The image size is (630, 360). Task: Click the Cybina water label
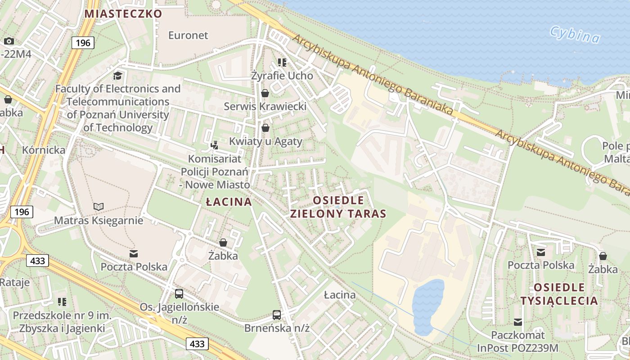coord(575,35)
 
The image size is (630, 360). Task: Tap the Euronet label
coord(188,35)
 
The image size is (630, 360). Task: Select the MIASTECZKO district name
coord(123,13)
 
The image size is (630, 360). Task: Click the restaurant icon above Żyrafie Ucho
coord(282,63)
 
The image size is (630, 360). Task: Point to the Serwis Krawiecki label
coord(265,107)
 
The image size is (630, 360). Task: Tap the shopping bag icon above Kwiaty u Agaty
coord(265,128)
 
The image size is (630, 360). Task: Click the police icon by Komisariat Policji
coord(215,145)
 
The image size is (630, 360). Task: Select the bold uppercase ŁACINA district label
coord(229,202)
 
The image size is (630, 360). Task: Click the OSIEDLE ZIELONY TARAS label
coord(338,207)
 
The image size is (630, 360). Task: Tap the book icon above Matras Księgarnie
coord(98,207)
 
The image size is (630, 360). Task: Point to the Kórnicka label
coord(44,150)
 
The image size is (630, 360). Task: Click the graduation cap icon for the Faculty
coord(117,76)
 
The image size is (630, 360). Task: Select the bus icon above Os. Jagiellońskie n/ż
coord(179,294)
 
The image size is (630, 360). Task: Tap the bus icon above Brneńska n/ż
coord(277,315)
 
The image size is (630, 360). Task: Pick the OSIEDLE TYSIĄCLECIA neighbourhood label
coord(559,294)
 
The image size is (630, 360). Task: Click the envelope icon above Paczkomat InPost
coord(518,322)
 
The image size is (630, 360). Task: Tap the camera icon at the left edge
coord(9,41)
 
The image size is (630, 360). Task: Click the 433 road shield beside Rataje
coord(37,261)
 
